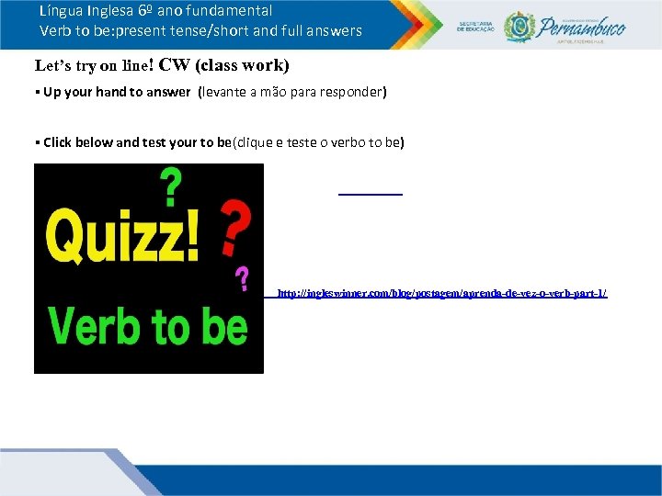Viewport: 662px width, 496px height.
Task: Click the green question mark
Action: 171,189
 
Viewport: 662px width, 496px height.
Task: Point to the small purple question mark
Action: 243,278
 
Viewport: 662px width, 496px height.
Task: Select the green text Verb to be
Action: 148,325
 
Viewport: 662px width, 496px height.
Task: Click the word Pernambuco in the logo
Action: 583,25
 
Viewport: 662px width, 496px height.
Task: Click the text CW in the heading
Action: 174,65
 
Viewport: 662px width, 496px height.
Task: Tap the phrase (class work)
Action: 240,65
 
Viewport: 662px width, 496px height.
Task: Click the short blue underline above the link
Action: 371,194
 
